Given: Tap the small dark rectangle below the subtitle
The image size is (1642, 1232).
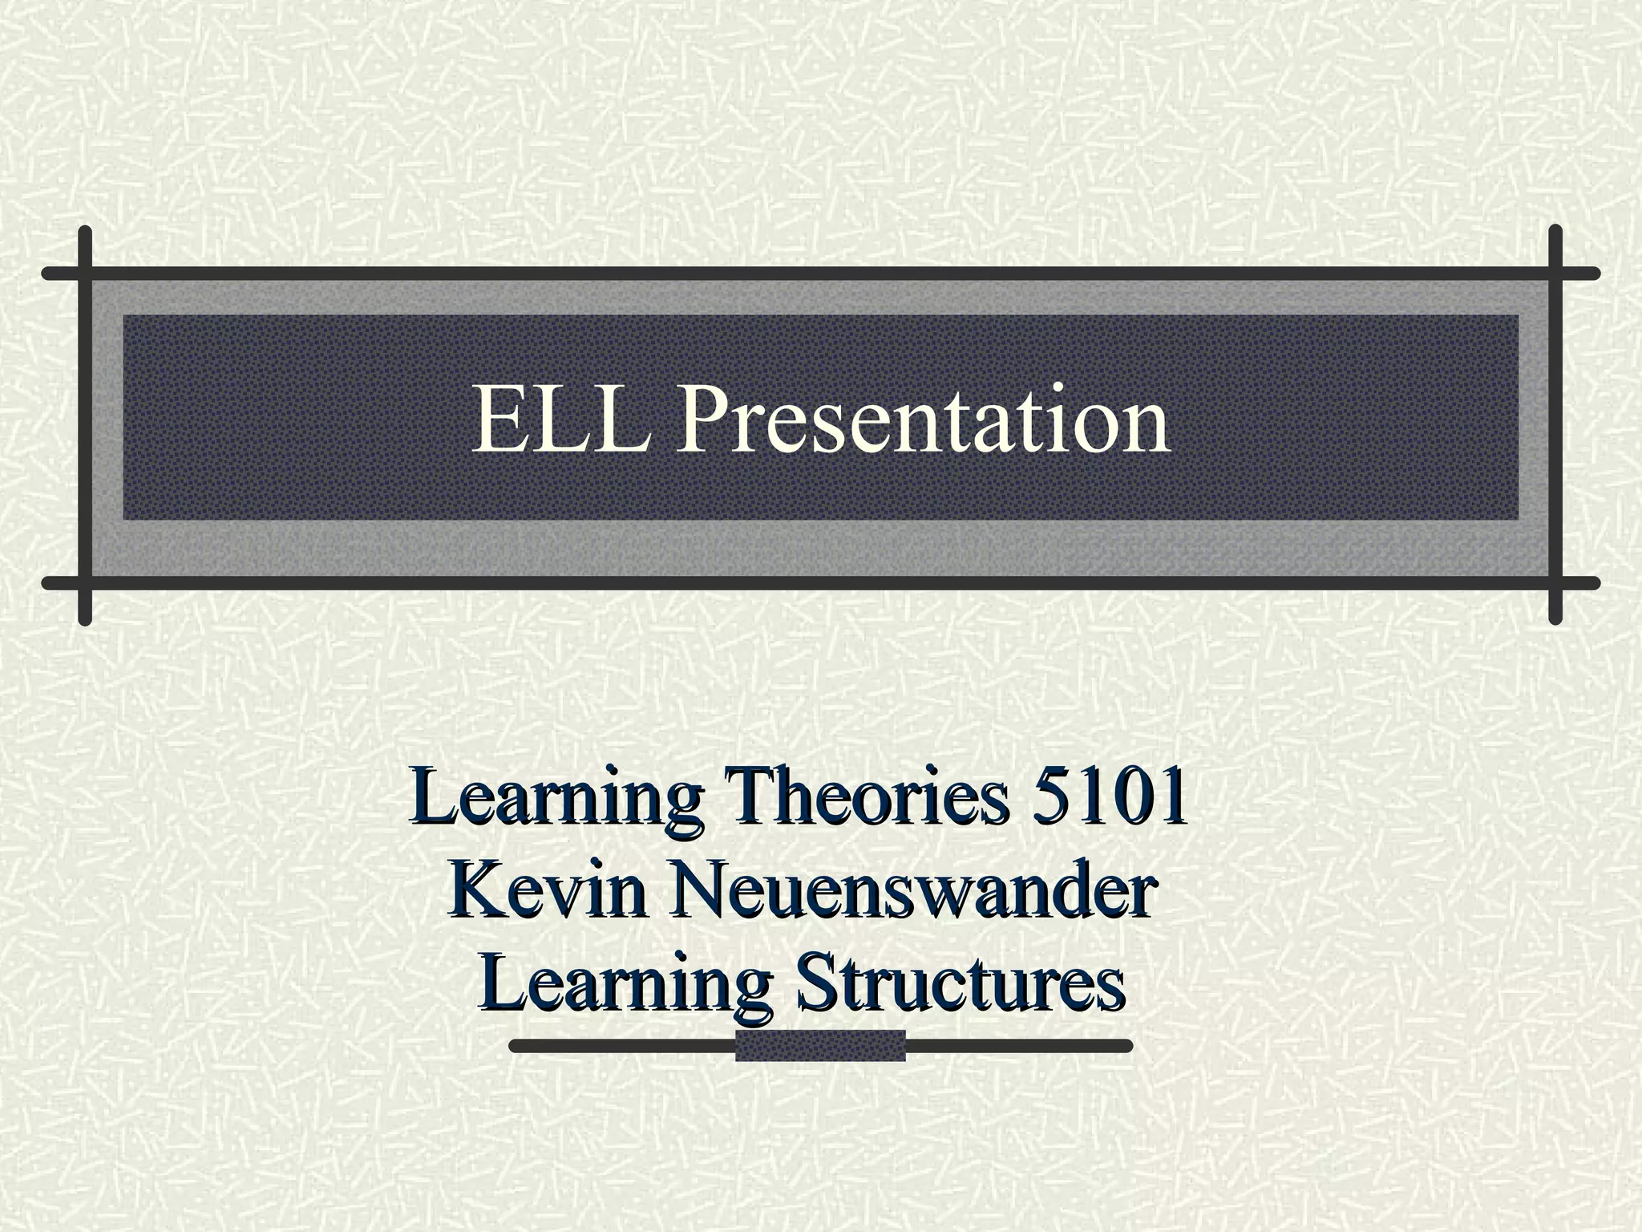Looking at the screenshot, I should click(820, 1045).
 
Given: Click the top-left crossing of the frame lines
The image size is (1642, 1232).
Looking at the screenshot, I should click(86, 274).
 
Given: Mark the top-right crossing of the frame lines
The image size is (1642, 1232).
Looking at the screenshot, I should click(1555, 274).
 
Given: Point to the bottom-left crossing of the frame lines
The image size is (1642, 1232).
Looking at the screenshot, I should click(86, 582).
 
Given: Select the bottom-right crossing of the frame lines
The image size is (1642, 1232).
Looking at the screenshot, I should click(1555, 582).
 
